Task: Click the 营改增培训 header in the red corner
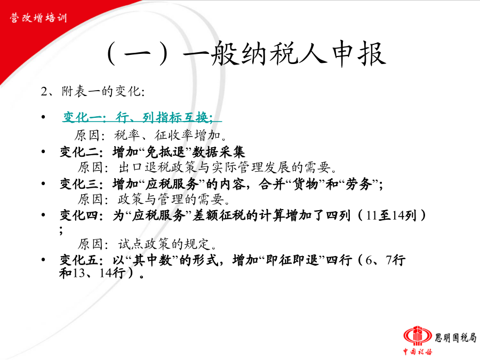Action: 38,18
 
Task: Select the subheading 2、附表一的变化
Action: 93,91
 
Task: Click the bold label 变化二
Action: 79,152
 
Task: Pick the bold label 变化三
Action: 79,184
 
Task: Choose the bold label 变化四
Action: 79,215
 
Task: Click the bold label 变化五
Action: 79,260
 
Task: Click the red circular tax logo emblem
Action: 418,336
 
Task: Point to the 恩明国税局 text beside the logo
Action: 455,338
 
